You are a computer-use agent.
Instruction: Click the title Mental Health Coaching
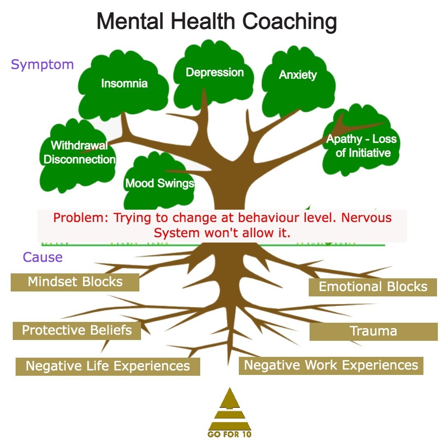[x=217, y=21]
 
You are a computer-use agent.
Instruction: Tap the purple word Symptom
[x=42, y=65]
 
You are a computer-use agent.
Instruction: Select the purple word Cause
[x=43, y=257]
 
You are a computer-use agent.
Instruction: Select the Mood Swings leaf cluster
[x=160, y=183]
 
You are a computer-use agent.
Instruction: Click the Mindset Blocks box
[x=75, y=282]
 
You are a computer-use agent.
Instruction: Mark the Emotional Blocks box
[x=373, y=287]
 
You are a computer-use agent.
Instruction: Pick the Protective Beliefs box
[x=77, y=331]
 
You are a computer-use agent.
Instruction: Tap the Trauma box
[x=373, y=331]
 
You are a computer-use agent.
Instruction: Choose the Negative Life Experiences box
[x=108, y=366]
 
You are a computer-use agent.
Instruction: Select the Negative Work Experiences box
[x=331, y=365]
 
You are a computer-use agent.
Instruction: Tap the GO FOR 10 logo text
[x=229, y=435]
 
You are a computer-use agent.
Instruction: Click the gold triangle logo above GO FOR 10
[x=229, y=409]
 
